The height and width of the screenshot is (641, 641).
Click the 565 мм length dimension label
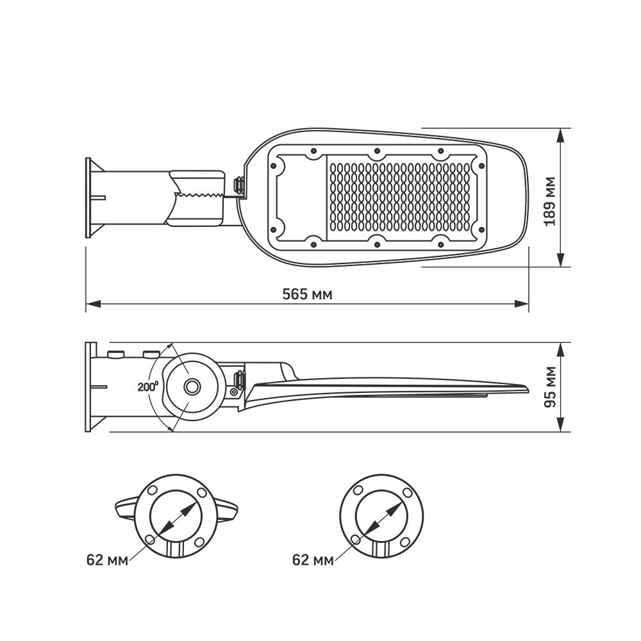308,294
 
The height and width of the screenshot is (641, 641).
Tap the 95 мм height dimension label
550,387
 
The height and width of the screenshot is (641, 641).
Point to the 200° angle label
147,387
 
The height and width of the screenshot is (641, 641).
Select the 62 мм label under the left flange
107,560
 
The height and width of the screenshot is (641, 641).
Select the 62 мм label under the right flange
313,560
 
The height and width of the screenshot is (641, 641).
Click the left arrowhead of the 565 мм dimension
93,304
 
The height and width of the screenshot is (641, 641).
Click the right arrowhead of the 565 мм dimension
521,304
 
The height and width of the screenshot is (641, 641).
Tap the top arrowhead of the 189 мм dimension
562,136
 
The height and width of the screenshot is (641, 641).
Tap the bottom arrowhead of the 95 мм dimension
562,424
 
